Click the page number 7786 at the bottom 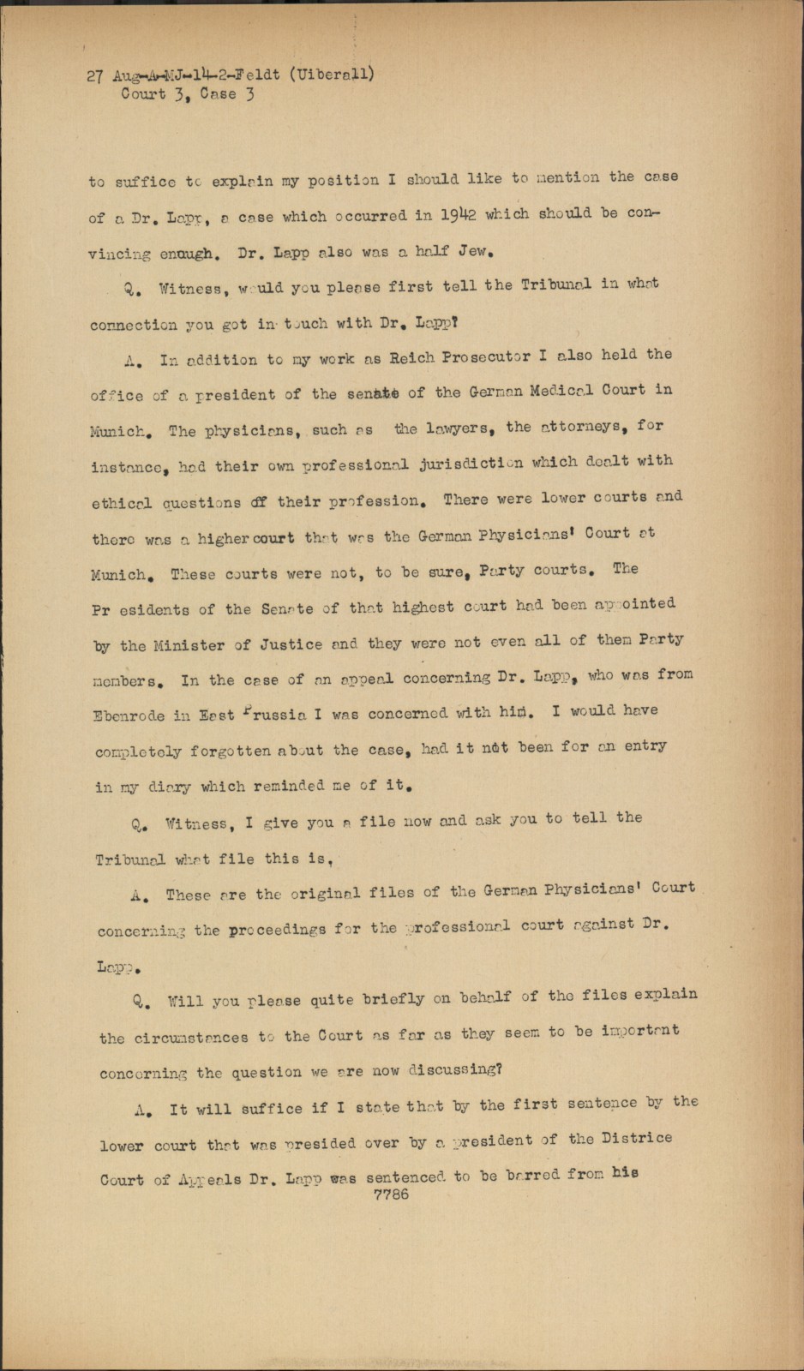[392, 1194]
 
